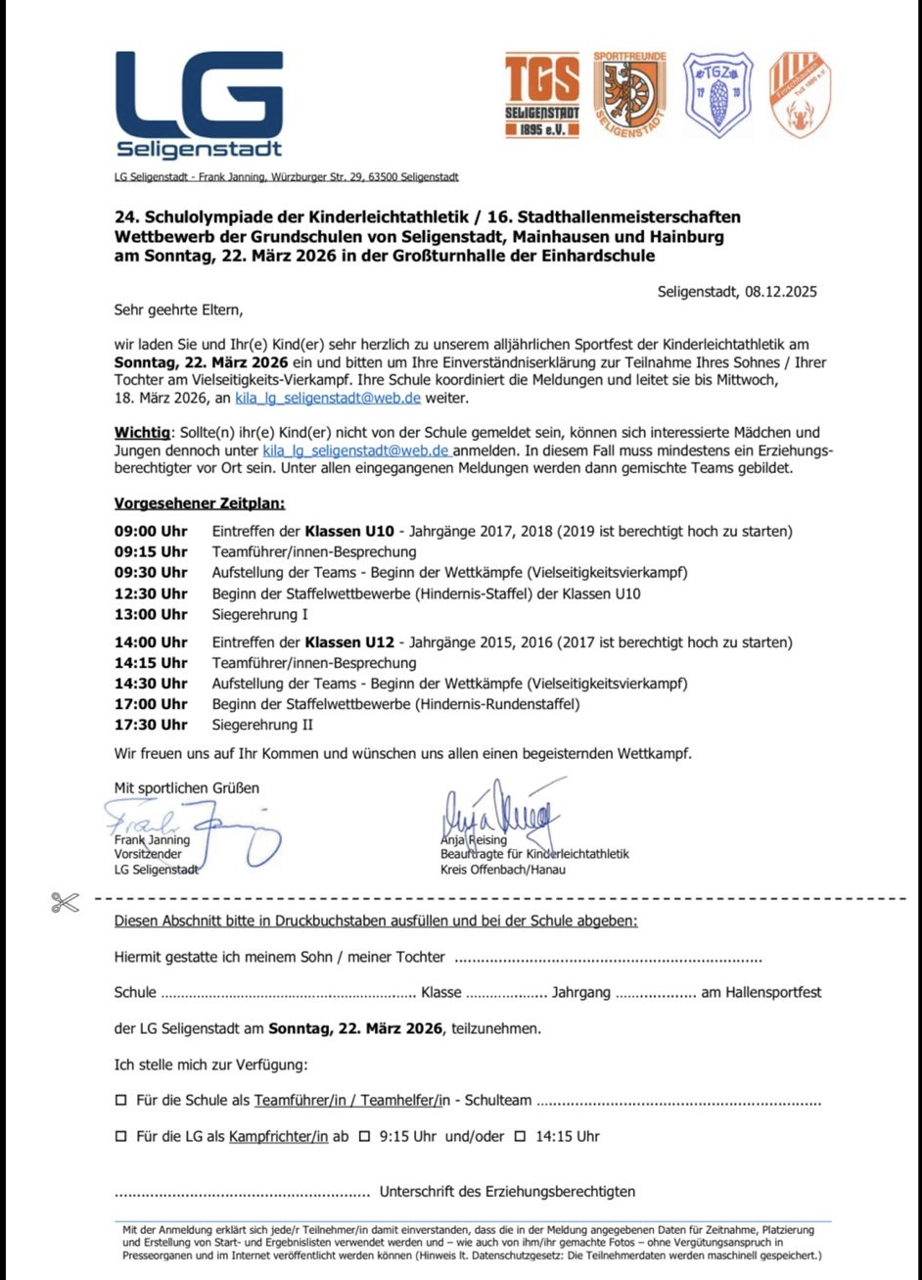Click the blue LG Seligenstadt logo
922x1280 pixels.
200,105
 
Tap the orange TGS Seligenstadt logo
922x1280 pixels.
541,95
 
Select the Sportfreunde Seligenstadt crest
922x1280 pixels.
629,95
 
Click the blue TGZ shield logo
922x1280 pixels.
717,95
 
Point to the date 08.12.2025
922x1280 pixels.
780,292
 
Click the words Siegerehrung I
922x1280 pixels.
260,615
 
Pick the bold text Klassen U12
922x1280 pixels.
349,642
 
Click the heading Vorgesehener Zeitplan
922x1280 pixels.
200,504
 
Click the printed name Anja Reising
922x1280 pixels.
474,839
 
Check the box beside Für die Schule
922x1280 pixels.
121,1100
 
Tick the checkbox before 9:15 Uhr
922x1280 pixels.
364,1137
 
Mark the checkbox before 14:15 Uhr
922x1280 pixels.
520,1137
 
